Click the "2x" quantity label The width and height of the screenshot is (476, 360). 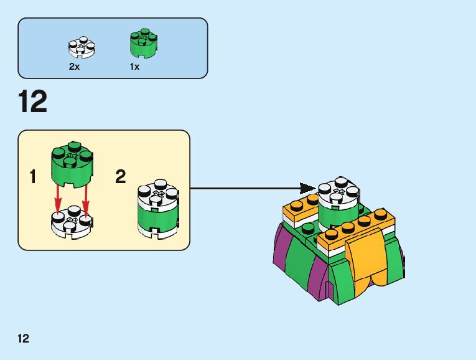pyautogui.click(x=74, y=66)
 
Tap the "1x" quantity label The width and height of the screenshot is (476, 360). pyautogui.click(x=134, y=66)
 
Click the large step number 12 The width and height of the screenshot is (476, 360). pyautogui.click(x=33, y=102)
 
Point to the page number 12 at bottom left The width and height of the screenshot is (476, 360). pyautogui.click(x=23, y=339)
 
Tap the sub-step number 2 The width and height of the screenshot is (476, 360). pyautogui.click(x=120, y=177)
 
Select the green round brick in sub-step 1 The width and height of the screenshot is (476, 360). pyautogui.click(x=72, y=164)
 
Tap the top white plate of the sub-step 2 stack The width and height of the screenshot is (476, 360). pyautogui.click(x=157, y=193)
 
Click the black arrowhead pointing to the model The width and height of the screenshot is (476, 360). pyautogui.click(x=307, y=188)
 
